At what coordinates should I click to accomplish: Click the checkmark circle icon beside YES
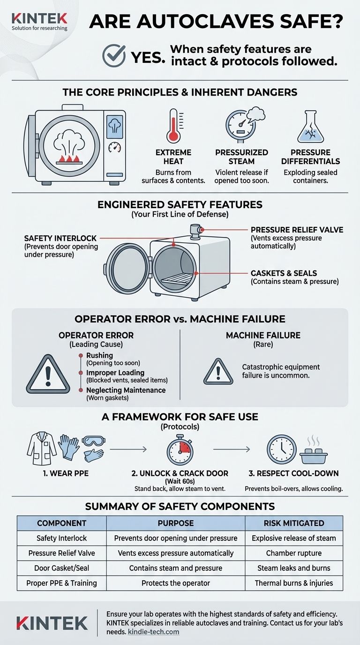[x=114, y=55]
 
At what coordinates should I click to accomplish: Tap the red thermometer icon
[x=173, y=126]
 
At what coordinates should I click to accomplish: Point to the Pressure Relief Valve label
[x=297, y=230]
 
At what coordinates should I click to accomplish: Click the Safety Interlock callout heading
[x=60, y=239]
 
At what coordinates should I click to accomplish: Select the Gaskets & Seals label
[x=284, y=273]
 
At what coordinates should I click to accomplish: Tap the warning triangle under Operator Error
[x=48, y=374]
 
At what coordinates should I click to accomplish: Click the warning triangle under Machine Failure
[x=218, y=372]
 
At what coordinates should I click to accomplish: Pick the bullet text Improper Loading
[x=115, y=373]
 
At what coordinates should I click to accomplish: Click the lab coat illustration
[x=42, y=448]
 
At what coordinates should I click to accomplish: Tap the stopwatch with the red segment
[x=180, y=450]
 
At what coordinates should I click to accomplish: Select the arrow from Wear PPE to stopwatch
[x=128, y=449]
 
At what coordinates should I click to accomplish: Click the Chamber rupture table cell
[x=294, y=553]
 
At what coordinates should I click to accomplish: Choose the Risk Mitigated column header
[x=294, y=523]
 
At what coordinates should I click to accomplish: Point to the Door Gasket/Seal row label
[x=61, y=568]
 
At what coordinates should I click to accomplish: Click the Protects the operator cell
[x=176, y=583]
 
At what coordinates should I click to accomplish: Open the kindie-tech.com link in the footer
[x=153, y=632]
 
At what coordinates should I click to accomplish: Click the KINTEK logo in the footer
[x=52, y=623]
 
